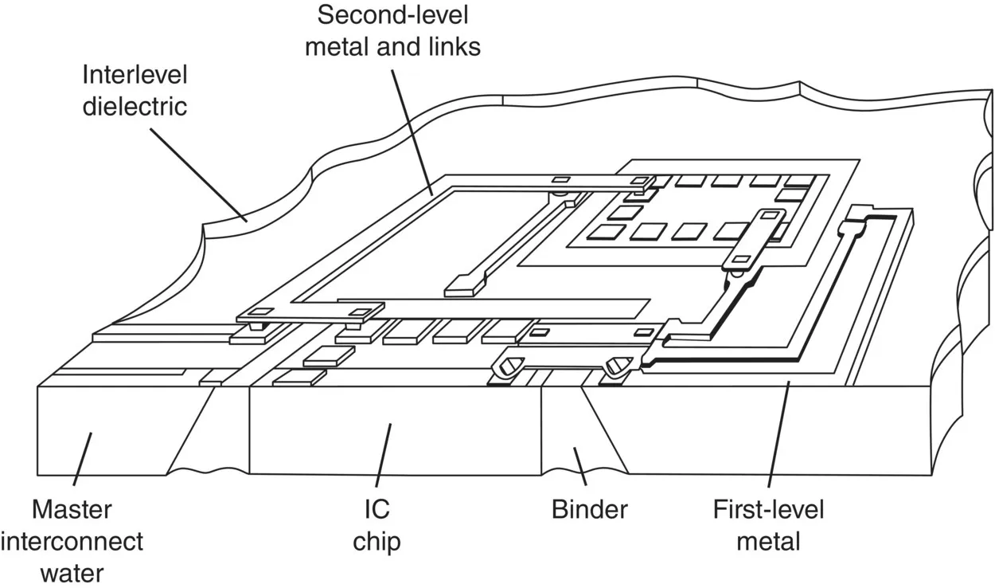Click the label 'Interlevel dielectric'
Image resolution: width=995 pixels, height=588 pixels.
coord(135,91)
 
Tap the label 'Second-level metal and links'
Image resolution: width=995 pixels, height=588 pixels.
coord(398,31)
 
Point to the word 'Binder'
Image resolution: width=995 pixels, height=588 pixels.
coord(590,509)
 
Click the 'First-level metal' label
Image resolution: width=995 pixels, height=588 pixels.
coord(768,526)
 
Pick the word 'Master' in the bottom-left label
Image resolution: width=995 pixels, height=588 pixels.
coord(72,509)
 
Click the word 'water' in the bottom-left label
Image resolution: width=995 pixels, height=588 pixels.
coord(72,572)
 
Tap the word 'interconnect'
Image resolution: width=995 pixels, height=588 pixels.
coord(72,542)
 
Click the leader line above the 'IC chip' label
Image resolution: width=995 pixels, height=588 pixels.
coord(383,455)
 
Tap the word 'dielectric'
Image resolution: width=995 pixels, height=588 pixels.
coord(135,107)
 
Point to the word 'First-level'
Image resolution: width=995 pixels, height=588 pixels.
coord(768,509)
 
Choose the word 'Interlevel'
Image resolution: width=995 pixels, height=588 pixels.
coord(135,76)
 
